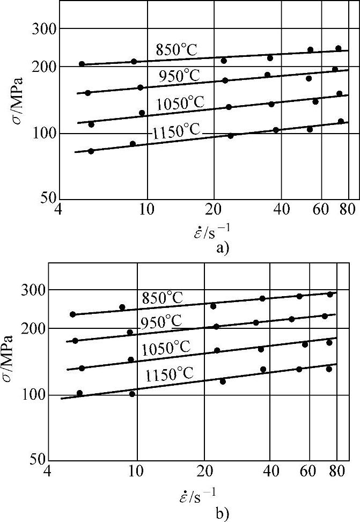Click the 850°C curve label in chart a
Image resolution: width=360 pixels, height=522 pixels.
coord(177,50)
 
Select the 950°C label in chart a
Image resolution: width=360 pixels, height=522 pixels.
coord(179,77)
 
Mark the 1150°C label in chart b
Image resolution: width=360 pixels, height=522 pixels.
coord(168,374)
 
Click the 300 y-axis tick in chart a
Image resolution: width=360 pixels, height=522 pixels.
coord(45,28)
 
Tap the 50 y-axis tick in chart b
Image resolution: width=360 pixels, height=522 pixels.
coord(37,460)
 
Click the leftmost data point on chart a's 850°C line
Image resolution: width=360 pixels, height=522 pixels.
coord(82,64)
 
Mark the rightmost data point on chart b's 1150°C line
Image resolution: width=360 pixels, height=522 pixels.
coord(329,369)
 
